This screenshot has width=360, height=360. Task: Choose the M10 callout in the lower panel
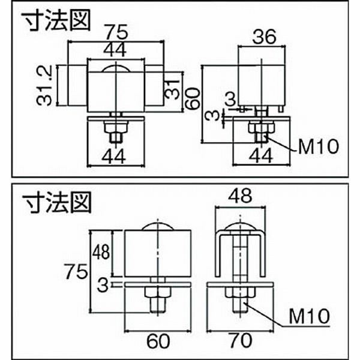point(311,313)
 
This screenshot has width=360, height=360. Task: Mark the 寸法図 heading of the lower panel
point(57,202)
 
